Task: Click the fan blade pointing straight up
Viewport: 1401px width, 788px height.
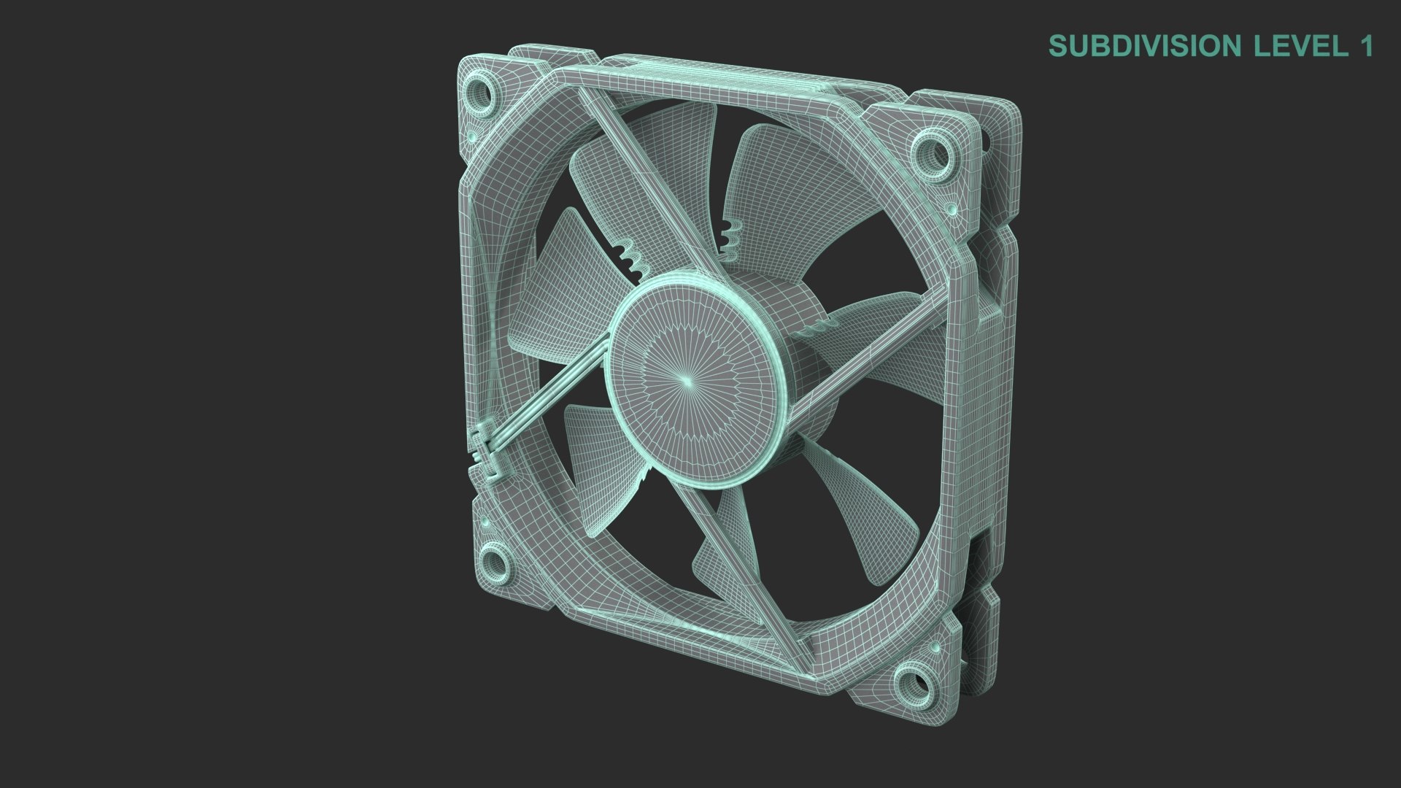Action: [657, 168]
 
